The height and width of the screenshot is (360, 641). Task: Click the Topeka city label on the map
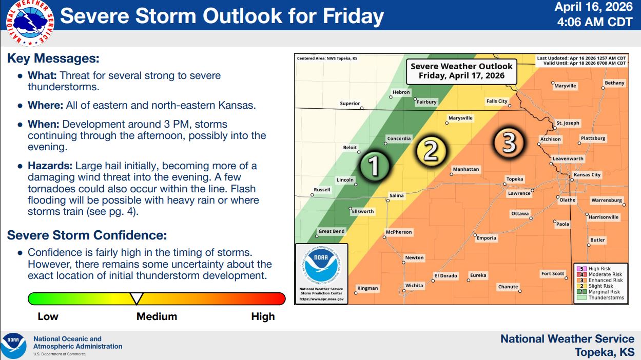[515, 179]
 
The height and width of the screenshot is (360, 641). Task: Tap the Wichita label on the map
[414, 285]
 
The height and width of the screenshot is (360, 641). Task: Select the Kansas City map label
[587, 175]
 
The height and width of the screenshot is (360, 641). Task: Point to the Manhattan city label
[466, 169]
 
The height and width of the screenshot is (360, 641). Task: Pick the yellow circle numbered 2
[431, 150]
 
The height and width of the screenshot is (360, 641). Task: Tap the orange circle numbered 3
[509, 142]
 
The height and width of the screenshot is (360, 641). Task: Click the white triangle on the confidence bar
[137, 298]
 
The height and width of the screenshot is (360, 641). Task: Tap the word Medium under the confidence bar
[157, 316]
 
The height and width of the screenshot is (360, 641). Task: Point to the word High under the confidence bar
[263, 316]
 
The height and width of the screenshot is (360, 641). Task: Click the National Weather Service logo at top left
[30, 23]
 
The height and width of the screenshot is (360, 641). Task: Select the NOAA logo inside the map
[321, 265]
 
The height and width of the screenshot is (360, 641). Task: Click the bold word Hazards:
[50, 166]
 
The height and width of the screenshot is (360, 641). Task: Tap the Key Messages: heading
[53, 58]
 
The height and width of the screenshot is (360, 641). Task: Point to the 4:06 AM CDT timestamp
[595, 22]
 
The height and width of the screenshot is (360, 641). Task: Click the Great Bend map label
[332, 231]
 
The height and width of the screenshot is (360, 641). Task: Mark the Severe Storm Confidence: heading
[87, 235]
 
